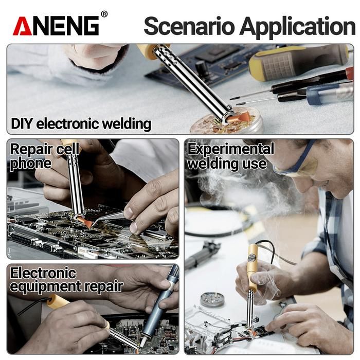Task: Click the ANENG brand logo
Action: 56,26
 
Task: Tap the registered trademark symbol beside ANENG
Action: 104,14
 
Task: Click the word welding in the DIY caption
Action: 127,124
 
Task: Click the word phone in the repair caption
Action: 30,164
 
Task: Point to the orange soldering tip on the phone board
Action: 85,222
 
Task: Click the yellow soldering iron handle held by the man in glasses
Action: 254,266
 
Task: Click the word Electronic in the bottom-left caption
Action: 43,273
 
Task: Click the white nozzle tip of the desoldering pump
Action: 143,342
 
